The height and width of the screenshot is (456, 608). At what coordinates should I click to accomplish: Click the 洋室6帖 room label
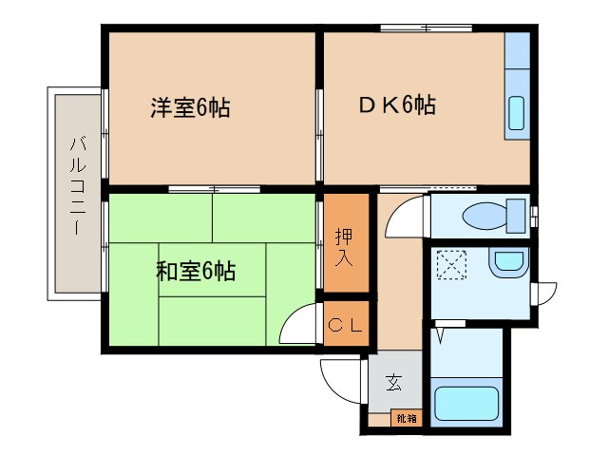point(190,107)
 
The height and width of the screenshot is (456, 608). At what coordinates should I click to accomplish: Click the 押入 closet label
point(345,244)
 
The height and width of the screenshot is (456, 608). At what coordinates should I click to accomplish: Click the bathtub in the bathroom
point(466,404)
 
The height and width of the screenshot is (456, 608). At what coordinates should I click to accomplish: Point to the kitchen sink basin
point(516,113)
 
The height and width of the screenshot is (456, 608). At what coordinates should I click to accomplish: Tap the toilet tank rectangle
point(517,214)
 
